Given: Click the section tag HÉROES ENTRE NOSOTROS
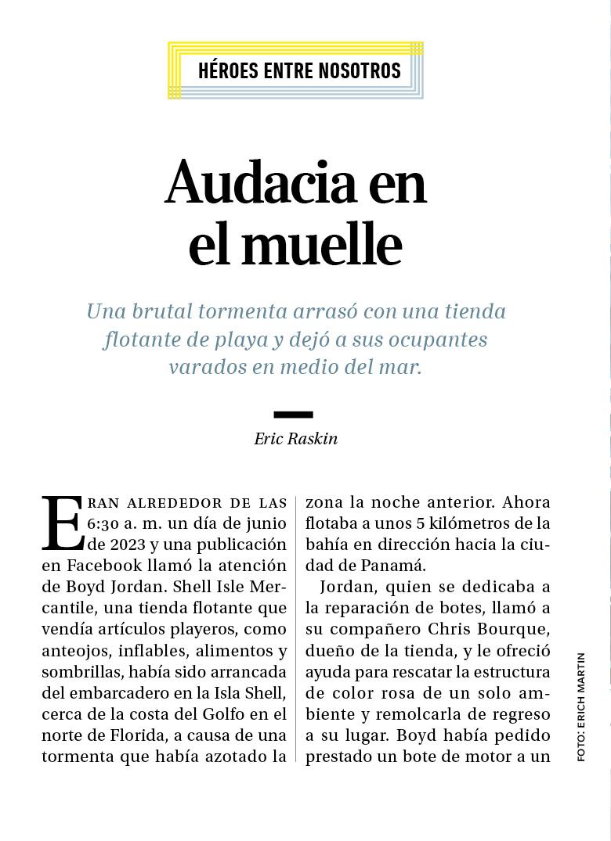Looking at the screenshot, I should (299, 71).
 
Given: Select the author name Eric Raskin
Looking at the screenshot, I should (295, 439).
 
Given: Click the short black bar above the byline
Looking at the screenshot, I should (293, 415).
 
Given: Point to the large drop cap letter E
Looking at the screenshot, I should (62, 523).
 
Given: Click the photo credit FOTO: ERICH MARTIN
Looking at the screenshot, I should (580, 706).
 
